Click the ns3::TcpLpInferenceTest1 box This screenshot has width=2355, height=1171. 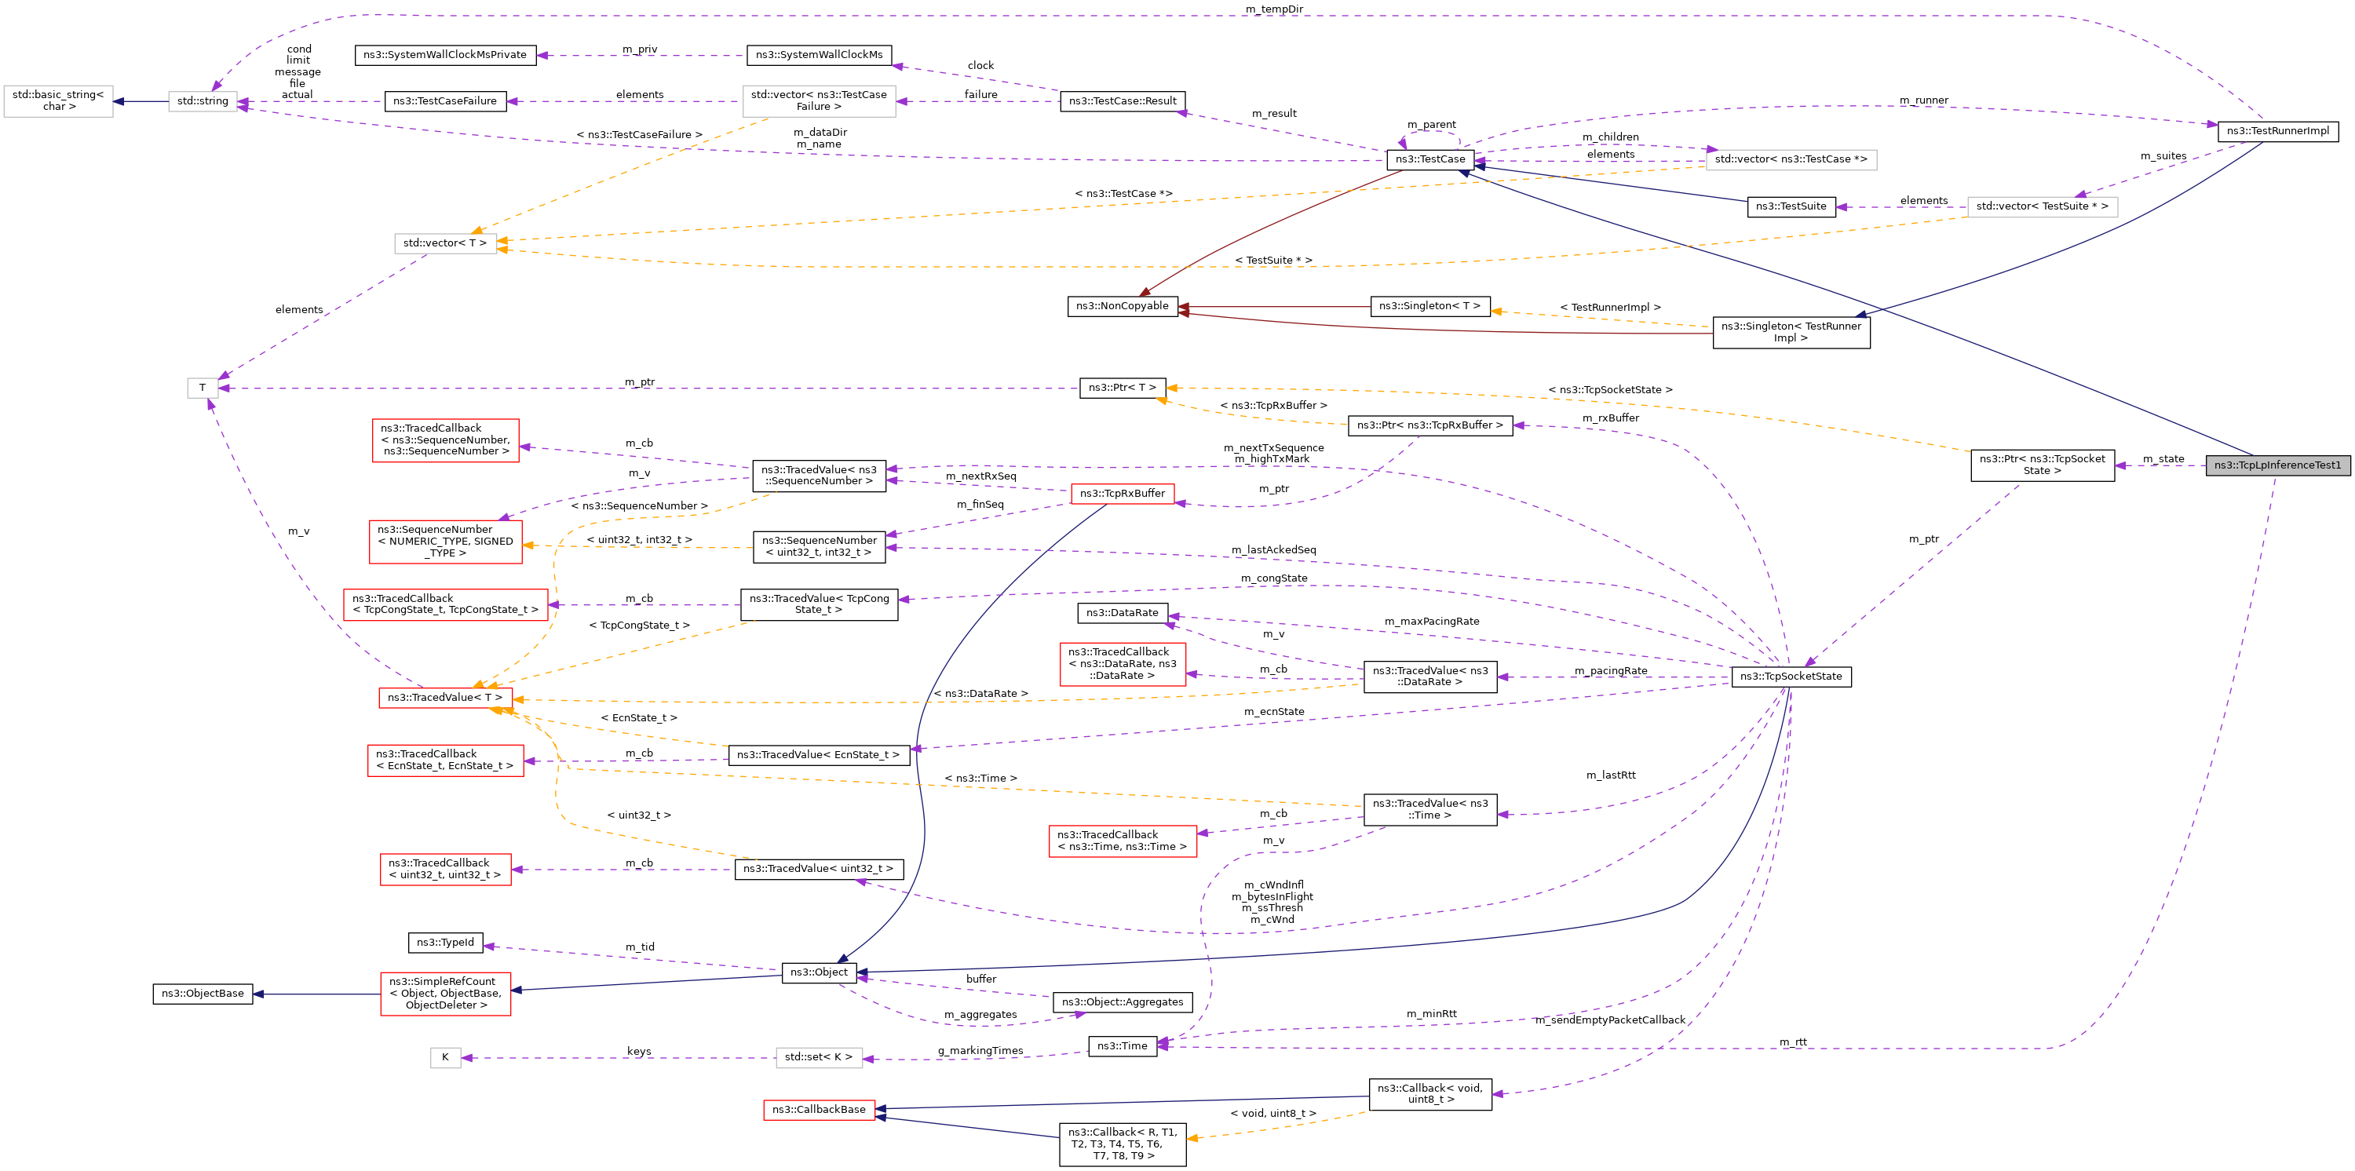(x=2276, y=465)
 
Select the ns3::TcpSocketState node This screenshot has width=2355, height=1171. (x=1790, y=677)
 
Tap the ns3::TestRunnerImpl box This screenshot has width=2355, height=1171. (x=2277, y=131)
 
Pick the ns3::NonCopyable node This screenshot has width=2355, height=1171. (x=1122, y=306)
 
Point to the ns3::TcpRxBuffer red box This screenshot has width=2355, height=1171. (x=1122, y=494)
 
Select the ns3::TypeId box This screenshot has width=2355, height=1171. (x=445, y=943)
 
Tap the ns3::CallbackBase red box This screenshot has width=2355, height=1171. (x=818, y=1110)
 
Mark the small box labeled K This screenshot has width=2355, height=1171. (x=445, y=1058)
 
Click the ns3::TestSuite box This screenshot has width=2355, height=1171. (x=1790, y=206)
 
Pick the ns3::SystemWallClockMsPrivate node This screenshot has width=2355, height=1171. (x=444, y=55)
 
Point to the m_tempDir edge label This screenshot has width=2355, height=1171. (x=1273, y=9)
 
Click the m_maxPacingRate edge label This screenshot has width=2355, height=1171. (x=1431, y=622)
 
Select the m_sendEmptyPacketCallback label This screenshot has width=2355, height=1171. (x=1610, y=1020)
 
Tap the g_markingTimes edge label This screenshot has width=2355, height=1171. (x=980, y=1051)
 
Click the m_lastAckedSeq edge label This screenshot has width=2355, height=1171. (x=1272, y=550)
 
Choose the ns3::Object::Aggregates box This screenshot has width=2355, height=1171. (x=1122, y=1003)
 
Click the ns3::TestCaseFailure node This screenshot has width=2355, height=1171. (x=444, y=101)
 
